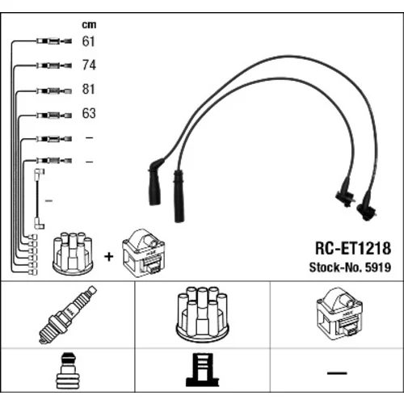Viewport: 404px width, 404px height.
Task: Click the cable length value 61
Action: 89,41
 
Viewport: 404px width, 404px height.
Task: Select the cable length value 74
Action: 89,65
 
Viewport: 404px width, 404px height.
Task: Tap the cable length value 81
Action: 89,89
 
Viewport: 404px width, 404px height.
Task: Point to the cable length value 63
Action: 89,113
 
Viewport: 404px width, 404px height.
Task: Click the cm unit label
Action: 89,25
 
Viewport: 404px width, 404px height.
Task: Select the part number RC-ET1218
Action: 353,248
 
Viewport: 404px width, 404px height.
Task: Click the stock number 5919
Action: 378,267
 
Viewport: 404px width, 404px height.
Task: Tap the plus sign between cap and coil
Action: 109,257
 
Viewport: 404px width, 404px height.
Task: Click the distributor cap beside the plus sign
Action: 73,253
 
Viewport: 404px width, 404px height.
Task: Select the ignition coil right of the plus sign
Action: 143,253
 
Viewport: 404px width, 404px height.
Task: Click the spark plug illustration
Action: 67,314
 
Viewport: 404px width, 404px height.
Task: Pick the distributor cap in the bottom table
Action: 202,314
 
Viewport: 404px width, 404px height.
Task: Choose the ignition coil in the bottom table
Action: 339,314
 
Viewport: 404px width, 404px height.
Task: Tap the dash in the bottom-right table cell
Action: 337,373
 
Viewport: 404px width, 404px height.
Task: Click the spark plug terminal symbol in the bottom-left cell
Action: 68,370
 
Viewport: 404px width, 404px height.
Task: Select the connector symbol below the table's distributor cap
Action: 203,369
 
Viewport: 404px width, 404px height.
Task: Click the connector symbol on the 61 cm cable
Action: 54,41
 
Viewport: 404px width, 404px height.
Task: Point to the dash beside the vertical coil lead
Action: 48,200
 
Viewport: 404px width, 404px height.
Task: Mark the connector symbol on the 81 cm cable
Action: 54,90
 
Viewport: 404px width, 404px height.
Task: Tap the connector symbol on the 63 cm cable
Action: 54,116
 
